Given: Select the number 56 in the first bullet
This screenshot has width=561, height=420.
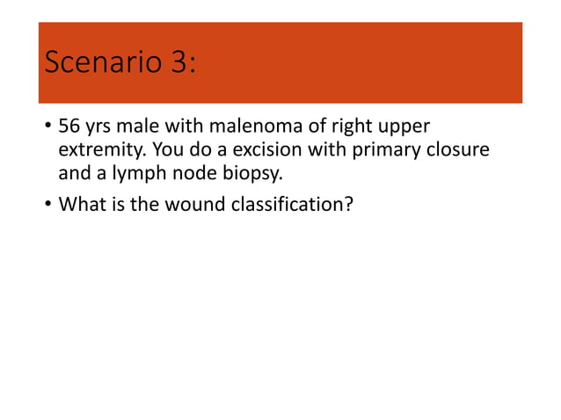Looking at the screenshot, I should (70, 128).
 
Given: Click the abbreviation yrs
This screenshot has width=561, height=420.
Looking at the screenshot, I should (102, 128).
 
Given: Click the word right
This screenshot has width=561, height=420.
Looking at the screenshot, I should (353, 128).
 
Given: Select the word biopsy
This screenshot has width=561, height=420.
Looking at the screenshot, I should (241, 174).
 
